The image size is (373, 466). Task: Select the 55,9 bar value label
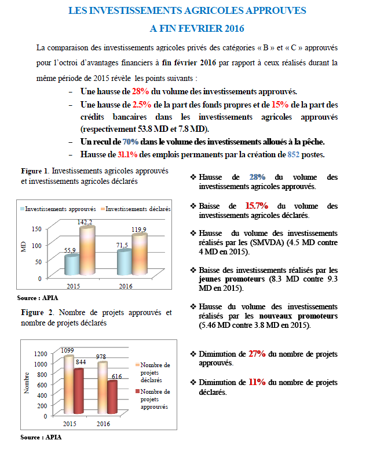point(71,249)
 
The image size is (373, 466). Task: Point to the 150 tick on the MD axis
point(36,229)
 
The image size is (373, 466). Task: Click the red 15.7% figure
point(257,205)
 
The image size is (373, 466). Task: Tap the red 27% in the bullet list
point(257,353)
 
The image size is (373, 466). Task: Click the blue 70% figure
point(130,142)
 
